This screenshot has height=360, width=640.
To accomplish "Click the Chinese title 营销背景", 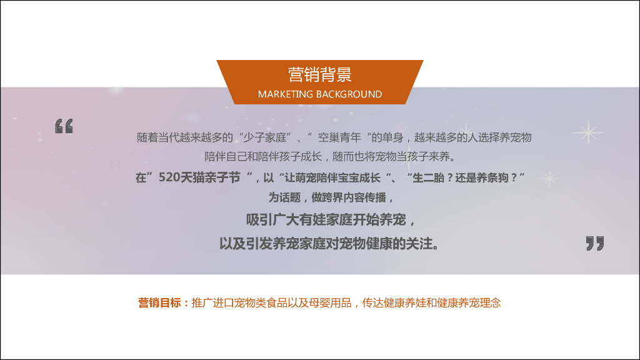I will pyautogui.click(x=319, y=75).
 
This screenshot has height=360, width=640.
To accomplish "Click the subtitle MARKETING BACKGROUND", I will pyautogui.click(x=319, y=94).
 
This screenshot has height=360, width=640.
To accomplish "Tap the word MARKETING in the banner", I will pyautogui.click(x=286, y=94).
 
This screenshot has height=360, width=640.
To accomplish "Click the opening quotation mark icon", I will pyautogui.click(x=64, y=126).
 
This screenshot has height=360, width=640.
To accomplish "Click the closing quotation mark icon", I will pyautogui.click(x=595, y=243).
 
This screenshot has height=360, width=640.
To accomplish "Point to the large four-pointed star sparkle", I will pyautogui.click(x=588, y=132).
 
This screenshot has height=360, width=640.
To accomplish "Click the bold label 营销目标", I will pyautogui.click(x=160, y=303).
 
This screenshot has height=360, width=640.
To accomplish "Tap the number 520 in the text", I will pyautogui.click(x=169, y=177).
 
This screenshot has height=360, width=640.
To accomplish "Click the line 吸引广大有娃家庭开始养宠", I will pyautogui.click(x=330, y=220).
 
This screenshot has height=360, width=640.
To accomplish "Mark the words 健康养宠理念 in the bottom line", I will pyautogui.click(x=469, y=303).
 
